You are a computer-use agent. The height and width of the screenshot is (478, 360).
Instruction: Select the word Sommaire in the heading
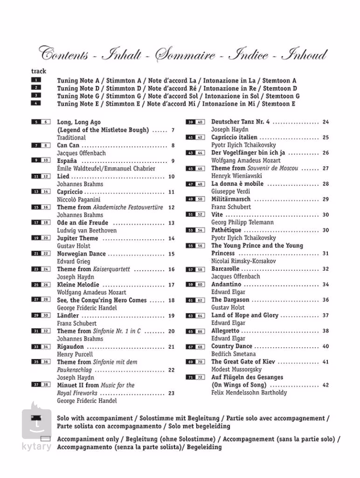click(x=185, y=55)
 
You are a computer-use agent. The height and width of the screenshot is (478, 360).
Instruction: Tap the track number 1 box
click(x=36, y=80)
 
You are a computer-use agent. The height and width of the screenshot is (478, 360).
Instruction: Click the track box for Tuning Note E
click(x=36, y=103)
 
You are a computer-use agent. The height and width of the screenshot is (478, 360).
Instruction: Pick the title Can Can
click(x=68, y=145)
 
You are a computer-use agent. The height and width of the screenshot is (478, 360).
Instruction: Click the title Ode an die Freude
click(x=83, y=223)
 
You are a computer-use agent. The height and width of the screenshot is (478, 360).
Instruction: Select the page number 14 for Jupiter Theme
click(x=171, y=239)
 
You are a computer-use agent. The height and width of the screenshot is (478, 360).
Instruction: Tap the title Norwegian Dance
click(x=82, y=254)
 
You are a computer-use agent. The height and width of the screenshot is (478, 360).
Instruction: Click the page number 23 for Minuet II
click(x=171, y=393)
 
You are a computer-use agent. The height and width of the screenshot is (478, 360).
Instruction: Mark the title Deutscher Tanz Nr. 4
click(x=240, y=122)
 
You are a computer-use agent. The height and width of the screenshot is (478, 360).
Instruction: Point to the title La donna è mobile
click(x=237, y=184)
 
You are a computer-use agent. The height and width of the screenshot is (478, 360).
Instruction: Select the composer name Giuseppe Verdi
click(x=230, y=191)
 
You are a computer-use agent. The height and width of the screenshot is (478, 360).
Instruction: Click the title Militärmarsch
click(x=231, y=199)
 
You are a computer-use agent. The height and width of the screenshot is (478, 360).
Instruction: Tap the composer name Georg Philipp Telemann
click(x=242, y=223)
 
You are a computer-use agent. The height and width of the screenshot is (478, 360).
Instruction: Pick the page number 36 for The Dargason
click(x=325, y=300)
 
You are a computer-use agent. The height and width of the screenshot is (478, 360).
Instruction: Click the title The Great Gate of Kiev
click(x=243, y=362)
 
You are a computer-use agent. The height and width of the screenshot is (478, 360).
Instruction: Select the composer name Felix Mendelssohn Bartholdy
click(x=249, y=393)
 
